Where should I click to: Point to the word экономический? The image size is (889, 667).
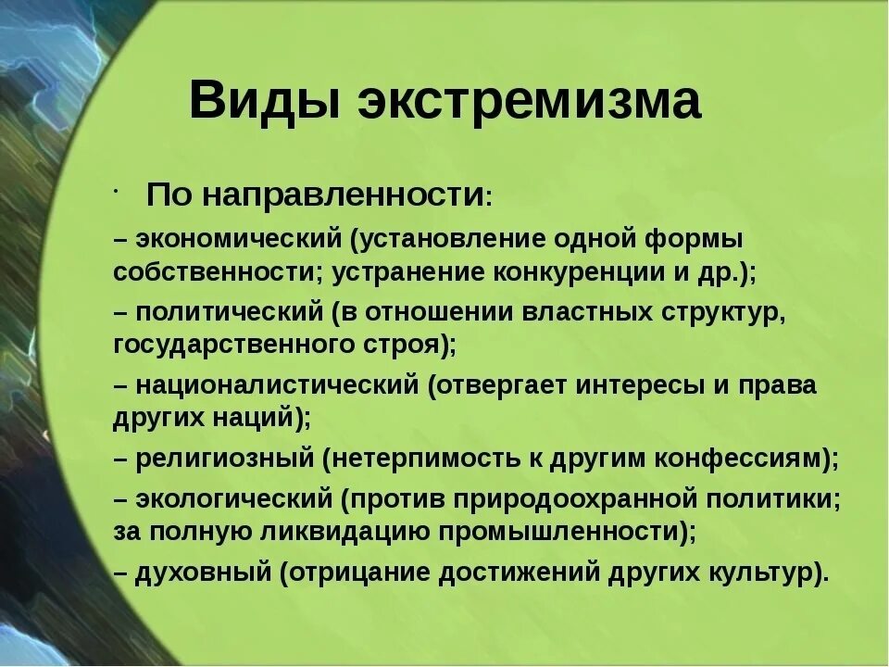tap(239, 239)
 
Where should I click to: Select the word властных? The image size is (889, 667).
tap(583, 312)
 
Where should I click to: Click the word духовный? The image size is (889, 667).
tap(203, 572)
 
